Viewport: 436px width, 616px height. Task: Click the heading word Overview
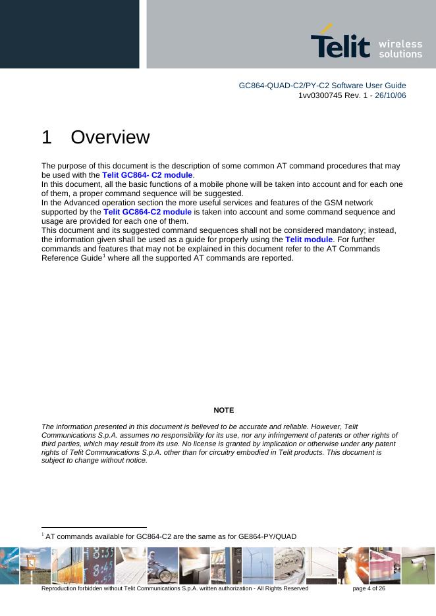coord(110,138)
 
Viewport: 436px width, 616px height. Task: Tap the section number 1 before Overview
coord(46,138)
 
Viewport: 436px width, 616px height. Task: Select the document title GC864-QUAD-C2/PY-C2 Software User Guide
coord(322,86)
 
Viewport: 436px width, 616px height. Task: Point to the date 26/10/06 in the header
coord(389,95)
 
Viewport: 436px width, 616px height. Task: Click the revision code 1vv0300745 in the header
coord(321,95)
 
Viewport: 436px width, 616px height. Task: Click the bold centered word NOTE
coord(223,410)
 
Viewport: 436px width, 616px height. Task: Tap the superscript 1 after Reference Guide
coord(103,255)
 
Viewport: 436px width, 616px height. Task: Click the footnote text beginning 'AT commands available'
coord(171,536)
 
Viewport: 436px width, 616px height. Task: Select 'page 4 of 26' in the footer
coord(369,588)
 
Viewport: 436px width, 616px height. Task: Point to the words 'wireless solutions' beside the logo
coord(400,49)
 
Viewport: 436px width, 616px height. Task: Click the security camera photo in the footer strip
coord(418,565)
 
